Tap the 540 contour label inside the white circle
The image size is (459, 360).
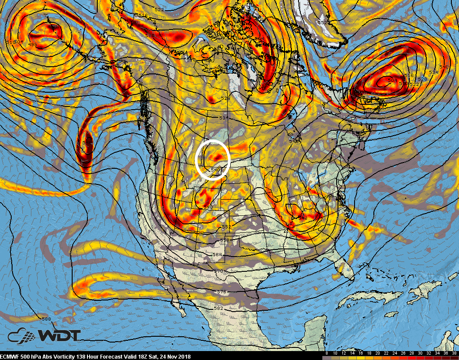215,170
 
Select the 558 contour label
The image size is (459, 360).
225,240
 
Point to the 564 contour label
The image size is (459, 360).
217,254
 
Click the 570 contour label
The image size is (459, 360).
219,271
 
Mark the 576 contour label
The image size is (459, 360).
221,292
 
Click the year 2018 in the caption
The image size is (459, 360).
184,356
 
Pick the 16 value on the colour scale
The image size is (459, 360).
359,353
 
